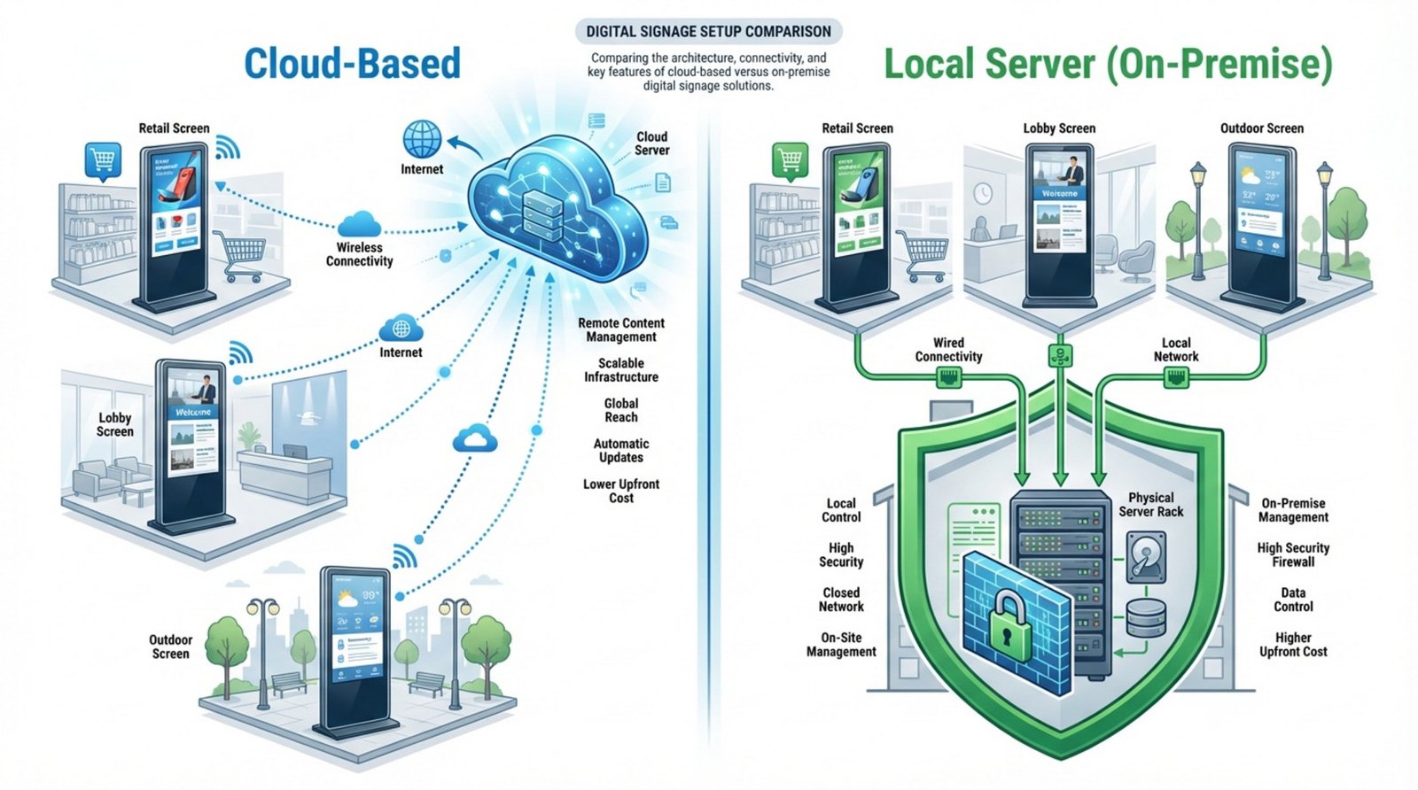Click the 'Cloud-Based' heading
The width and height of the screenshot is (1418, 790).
point(352,64)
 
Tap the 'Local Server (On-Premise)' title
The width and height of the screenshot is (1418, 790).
point(1108,64)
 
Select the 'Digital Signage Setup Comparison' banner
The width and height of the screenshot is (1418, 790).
point(708,31)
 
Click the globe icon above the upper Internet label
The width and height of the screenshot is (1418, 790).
point(422,140)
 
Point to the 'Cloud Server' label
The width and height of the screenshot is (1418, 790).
point(651,143)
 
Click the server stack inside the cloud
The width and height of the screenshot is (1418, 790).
point(543,213)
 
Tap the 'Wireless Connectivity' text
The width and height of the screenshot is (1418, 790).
point(359,254)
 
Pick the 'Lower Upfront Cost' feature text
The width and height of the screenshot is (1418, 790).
point(621,491)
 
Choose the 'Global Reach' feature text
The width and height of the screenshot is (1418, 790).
point(621,410)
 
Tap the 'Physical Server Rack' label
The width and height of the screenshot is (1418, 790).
point(1150,505)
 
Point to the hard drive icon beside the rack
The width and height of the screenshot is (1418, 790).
point(1145,556)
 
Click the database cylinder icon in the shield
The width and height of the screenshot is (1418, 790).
point(1145,617)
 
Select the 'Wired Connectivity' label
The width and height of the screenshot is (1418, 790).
point(948,350)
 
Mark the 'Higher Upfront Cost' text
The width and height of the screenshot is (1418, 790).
point(1293,645)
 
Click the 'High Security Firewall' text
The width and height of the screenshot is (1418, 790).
point(1293,554)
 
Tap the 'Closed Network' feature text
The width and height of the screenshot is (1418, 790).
point(841,600)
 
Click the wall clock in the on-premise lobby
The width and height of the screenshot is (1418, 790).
point(982,193)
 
